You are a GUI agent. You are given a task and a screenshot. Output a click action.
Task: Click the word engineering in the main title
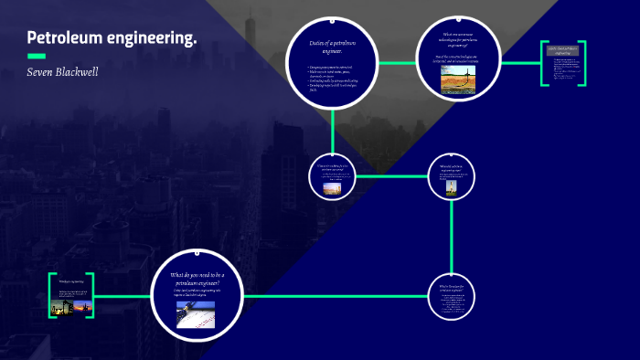152,38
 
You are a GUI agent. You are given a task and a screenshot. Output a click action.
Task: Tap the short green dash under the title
37,56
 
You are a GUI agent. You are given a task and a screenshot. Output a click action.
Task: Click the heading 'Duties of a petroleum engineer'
333,45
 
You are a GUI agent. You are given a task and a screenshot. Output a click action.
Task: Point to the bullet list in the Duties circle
333,79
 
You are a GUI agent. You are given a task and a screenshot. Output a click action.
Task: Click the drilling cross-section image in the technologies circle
458,81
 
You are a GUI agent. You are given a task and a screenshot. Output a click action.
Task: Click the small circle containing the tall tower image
452,176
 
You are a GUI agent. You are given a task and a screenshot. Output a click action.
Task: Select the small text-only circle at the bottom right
452,297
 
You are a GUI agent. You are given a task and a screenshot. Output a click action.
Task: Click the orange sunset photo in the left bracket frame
84,308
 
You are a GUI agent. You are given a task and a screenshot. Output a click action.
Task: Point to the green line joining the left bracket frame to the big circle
122,296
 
